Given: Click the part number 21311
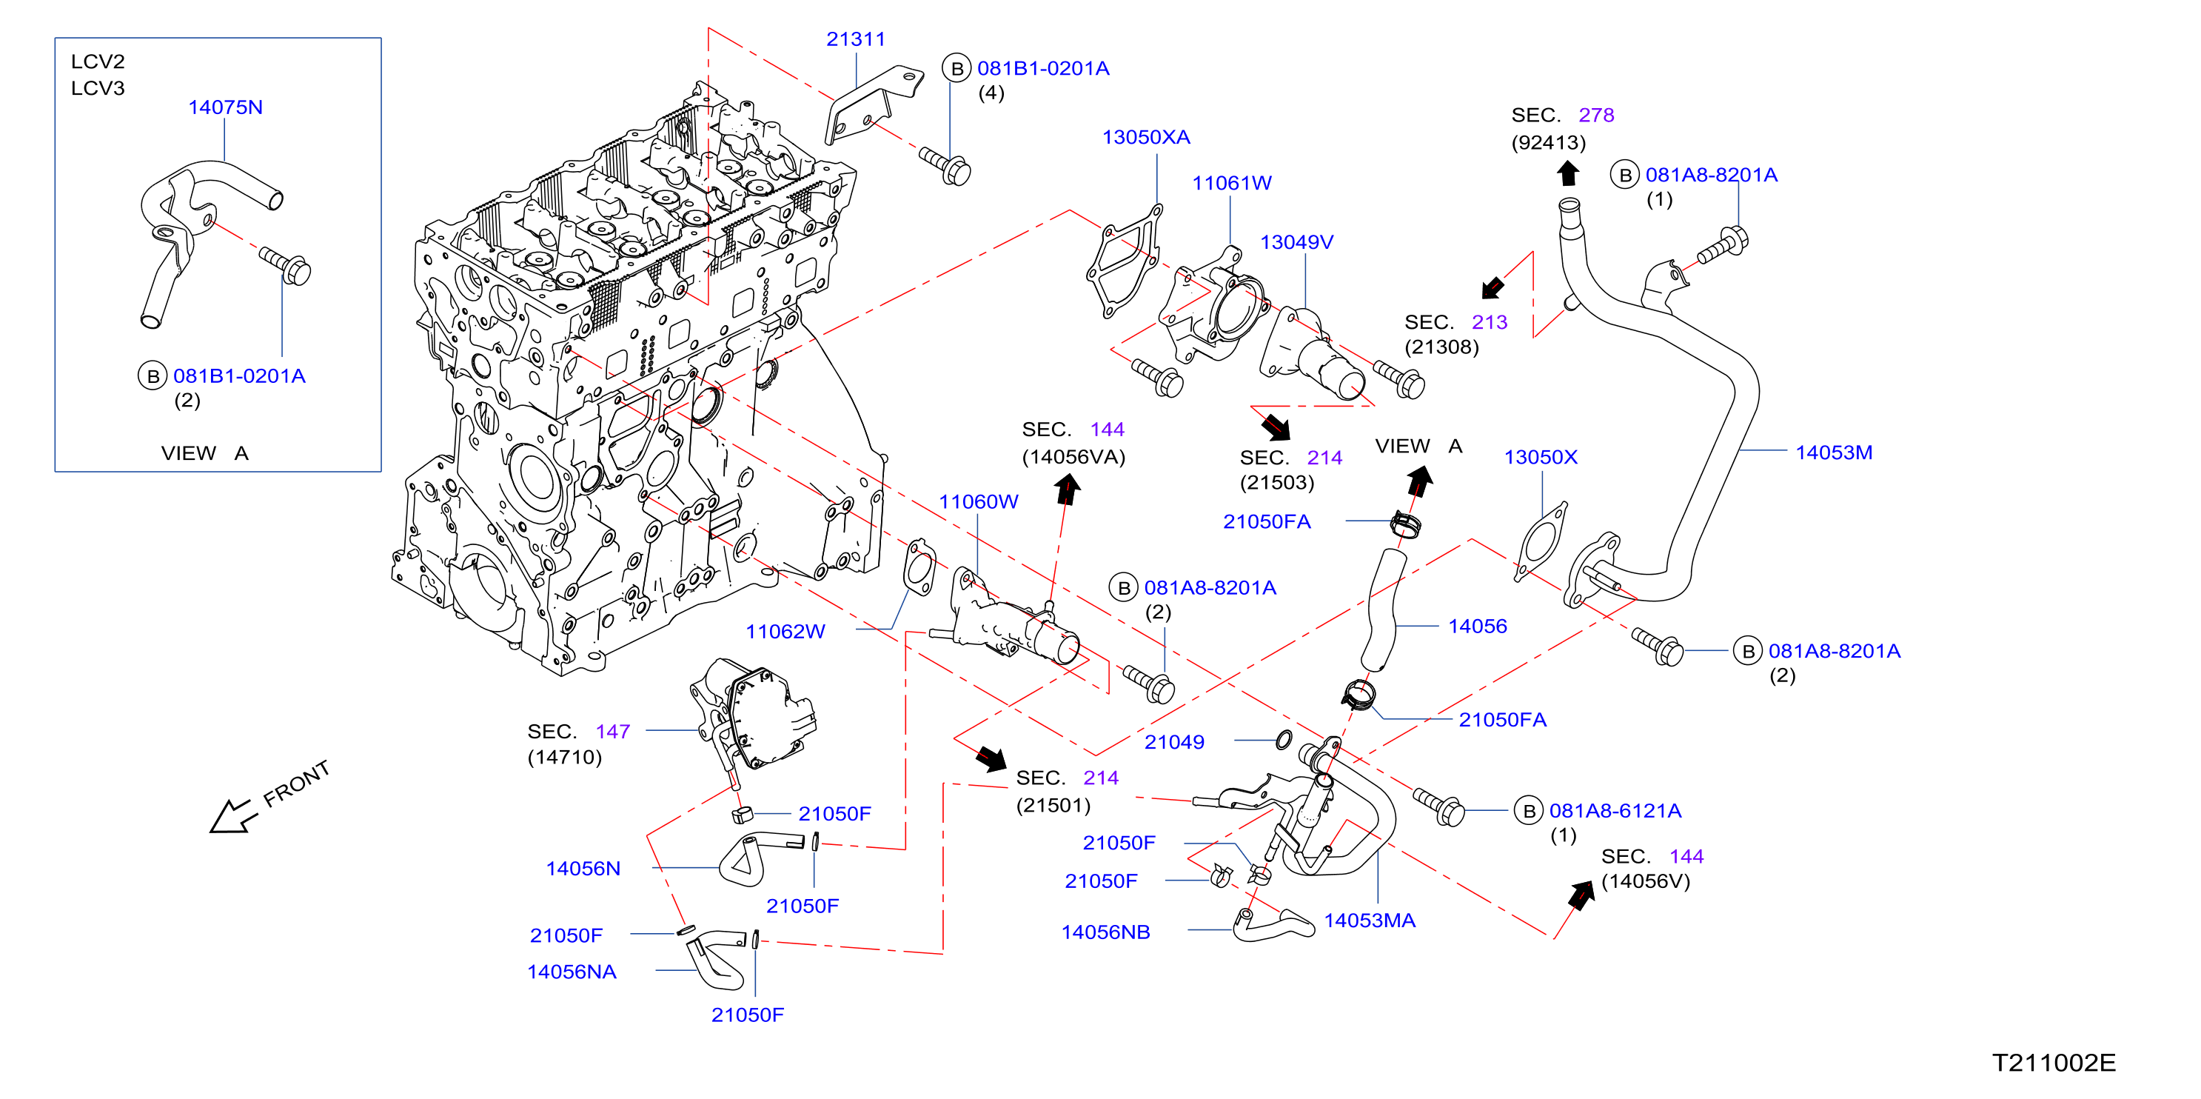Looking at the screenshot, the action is (855, 39).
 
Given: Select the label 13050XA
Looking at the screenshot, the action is (1146, 138).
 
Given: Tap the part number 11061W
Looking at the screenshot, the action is (1231, 183).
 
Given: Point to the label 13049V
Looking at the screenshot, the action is (1296, 243).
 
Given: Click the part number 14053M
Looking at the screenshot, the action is (1834, 453).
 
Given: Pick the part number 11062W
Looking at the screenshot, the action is (785, 632).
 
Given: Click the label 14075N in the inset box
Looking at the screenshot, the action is (226, 107).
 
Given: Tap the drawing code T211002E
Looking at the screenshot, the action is (2054, 1063).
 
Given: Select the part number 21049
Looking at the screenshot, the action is (1174, 743).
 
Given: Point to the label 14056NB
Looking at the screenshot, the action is (1105, 932).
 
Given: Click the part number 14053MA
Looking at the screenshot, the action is (1370, 921).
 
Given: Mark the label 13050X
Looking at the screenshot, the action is (1541, 457).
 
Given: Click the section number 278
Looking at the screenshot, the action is (1596, 116).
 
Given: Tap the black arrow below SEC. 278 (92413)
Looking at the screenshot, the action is (1567, 173).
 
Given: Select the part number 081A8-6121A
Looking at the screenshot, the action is (1615, 811).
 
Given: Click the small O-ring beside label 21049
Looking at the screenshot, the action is (1283, 740).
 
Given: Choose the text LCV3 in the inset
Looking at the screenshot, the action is (98, 89).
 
